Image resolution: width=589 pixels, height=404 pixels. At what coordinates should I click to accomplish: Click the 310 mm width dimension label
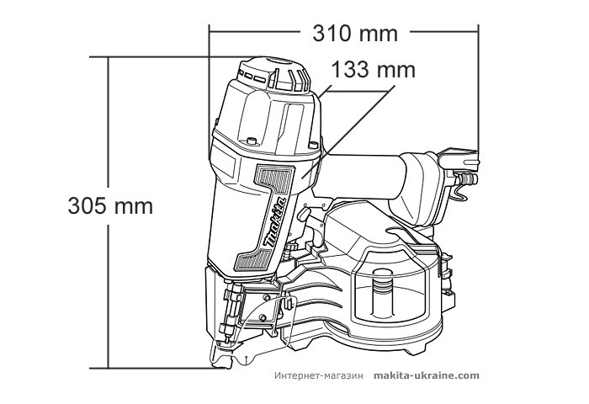pyautogui.click(x=355, y=34)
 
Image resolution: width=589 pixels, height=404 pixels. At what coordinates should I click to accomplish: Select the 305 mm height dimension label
pyautogui.click(x=110, y=206)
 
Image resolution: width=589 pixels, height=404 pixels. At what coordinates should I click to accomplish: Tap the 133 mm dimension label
pyautogui.click(x=373, y=70)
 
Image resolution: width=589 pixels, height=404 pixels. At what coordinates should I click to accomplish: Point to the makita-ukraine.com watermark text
pyautogui.click(x=427, y=376)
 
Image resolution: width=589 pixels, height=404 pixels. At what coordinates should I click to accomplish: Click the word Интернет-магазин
pyautogui.click(x=319, y=376)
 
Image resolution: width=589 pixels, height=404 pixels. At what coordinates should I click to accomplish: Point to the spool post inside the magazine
pyautogui.click(x=383, y=292)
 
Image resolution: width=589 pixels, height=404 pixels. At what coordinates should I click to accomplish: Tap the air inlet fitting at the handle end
pyautogui.click(x=466, y=178)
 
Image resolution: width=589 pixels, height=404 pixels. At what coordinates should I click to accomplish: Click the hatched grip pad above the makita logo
pyautogui.click(x=273, y=178)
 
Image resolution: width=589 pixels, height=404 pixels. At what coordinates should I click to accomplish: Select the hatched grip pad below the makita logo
pyautogui.click(x=252, y=260)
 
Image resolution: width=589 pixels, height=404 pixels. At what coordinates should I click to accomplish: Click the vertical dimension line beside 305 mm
pyautogui.click(x=109, y=213)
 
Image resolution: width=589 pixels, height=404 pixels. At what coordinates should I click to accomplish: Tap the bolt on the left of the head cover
pyautogui.click(x=252, y=141)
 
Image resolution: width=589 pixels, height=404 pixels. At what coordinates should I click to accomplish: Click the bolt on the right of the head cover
pyautogui.click(x=313, y=144)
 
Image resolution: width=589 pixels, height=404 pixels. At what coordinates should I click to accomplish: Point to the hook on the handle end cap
pyautogui.click(x=460, y=189)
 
